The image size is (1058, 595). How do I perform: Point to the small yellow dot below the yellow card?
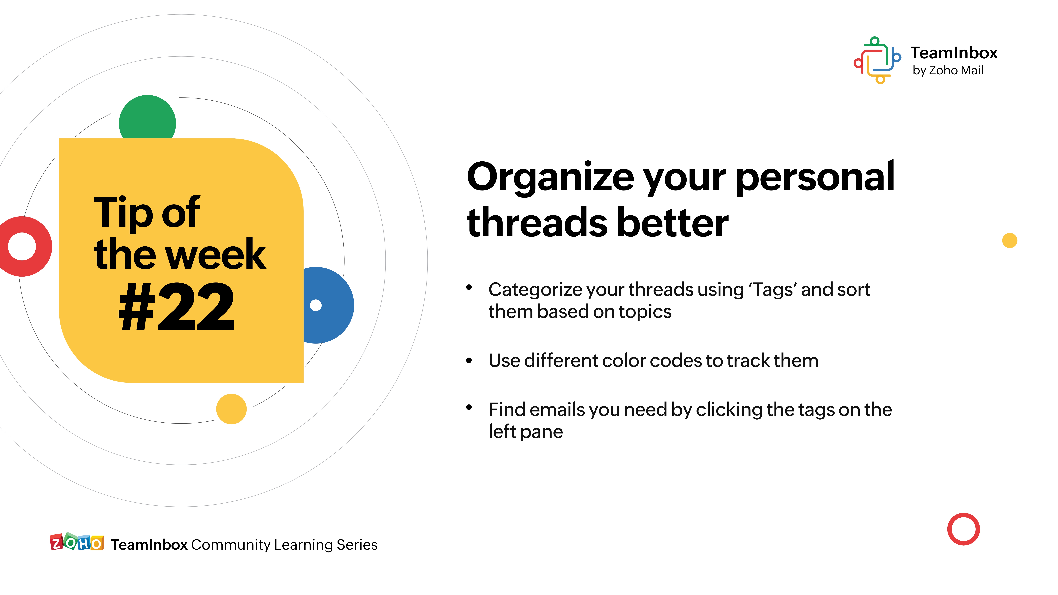point(231,409)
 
